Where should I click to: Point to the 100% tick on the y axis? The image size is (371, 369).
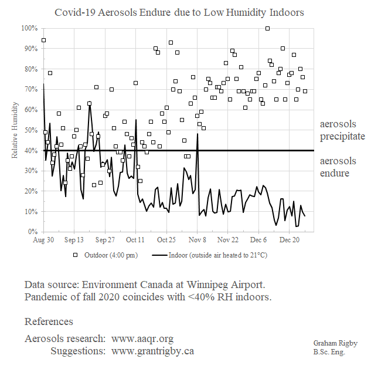click(x=29, y=28)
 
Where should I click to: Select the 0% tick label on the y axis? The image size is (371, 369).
click(x=32, y=232)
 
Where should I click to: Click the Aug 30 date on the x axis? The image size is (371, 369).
click(x=44, y=240)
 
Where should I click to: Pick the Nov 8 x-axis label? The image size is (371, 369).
click(x=198, y=240)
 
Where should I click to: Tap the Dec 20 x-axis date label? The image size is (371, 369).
click(x=290, y=240)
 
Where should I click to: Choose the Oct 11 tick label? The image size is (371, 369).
click(x=135, y=240)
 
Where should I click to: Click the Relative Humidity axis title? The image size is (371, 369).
click(x=15, y=130)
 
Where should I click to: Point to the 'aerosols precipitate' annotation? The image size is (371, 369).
click(x=342, y=130)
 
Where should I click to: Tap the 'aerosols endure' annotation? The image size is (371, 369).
click(x=338, y=167)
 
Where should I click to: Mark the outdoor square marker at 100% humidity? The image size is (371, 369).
click(x=267, y=28)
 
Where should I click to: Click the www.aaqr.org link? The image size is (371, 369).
click(x=142, y=339)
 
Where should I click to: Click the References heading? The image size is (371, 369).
click(x=49, y=321)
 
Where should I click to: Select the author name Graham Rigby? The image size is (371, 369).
click(x=335, y=343)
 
